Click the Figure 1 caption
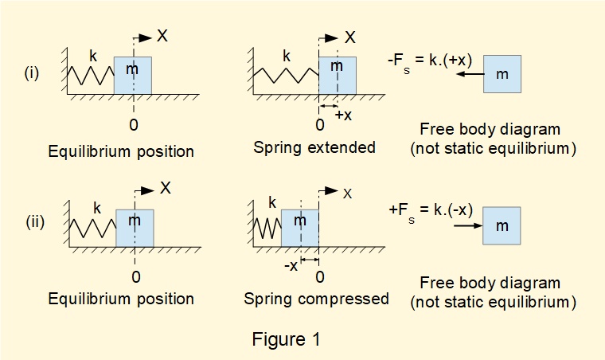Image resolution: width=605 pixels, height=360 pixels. tap(286, 339)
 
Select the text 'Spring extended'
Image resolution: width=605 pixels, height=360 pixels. tap(314, 147)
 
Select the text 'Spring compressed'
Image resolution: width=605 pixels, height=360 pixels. tap(316, 299)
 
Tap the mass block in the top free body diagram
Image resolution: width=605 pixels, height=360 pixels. tap(502, 75)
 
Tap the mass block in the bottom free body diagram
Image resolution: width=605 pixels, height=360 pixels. tap(502, 226)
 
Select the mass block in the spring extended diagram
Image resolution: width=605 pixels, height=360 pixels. tap(337, 76)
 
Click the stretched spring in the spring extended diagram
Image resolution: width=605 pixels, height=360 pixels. tap(285, 76)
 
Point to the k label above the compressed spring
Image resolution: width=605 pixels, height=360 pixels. tap(271, 203)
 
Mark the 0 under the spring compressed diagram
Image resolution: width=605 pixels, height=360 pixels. tap(320, 276)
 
